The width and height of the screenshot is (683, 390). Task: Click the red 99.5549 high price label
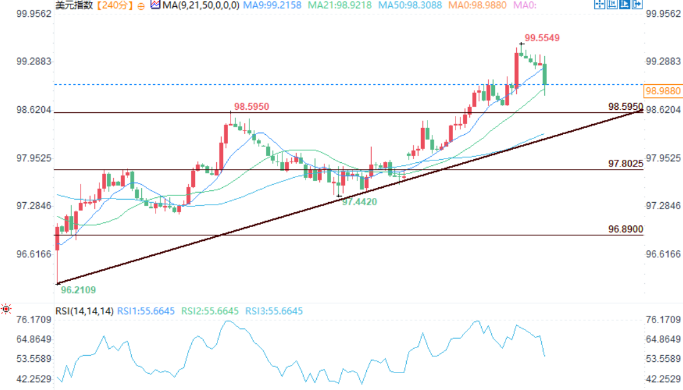542,38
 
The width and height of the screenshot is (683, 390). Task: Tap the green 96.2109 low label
78,290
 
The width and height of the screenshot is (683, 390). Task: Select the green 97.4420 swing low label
359,202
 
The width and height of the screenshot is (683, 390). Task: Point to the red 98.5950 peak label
251,107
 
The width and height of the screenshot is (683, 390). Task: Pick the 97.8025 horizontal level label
626,163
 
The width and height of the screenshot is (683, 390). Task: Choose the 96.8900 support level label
626,230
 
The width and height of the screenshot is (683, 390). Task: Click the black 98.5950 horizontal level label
626,107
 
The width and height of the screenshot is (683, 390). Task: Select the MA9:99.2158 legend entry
273,6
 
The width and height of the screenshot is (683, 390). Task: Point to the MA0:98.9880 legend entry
479,6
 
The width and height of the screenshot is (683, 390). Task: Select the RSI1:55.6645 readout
146,311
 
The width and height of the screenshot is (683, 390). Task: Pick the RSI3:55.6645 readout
274,311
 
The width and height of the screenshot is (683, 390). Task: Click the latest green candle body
546,74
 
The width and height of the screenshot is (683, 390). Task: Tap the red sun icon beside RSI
6,309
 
